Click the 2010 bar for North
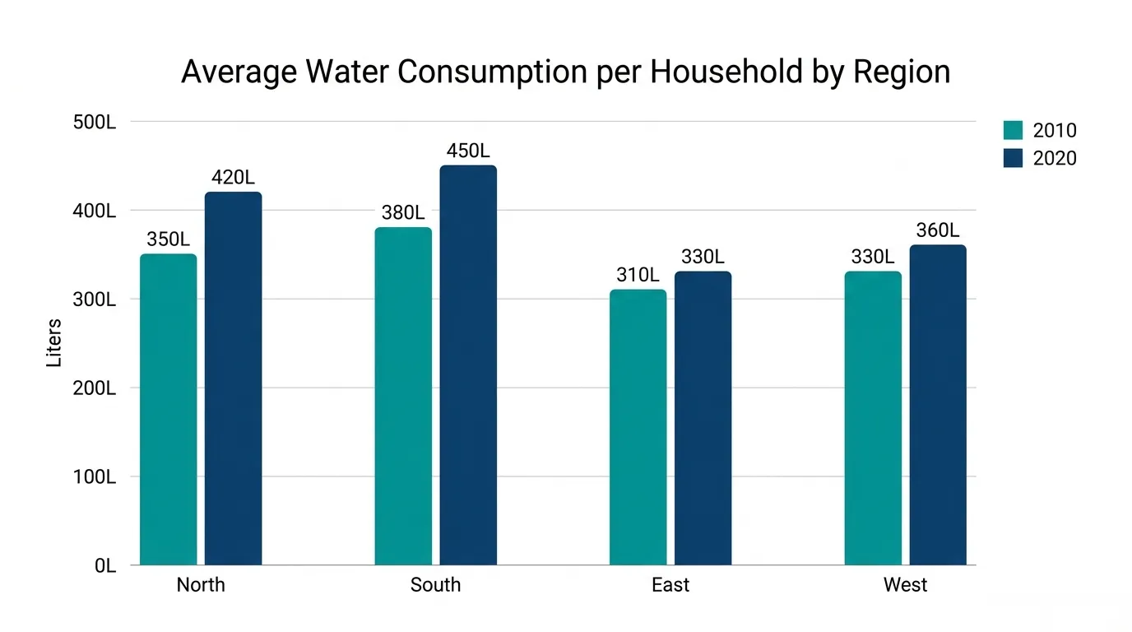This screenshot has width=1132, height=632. point(169,409)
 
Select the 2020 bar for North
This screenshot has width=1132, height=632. point(234,379)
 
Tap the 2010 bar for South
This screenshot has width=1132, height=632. point(403,396)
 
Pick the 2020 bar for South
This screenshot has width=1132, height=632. point(468,365)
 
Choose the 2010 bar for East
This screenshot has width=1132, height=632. point(638,427)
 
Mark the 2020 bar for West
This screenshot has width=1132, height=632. point(938,405)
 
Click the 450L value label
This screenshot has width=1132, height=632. point(468,151)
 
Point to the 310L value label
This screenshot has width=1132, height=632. point(638,275)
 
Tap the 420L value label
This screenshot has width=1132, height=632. point(233,178)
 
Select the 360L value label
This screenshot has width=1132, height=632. point(938,230)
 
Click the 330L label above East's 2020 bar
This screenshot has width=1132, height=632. point(703,257)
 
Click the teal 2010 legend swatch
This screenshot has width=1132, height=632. point(1014,130)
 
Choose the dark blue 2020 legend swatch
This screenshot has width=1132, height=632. point(1014,158)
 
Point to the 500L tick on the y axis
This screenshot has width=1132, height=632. point(95,123)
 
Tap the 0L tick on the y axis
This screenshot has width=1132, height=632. point(105,566)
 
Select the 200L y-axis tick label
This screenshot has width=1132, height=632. point(95,388)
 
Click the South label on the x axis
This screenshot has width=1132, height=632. point(436,585)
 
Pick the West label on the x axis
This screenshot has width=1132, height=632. point(906,585)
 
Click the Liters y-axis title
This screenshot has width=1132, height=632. point(53,343)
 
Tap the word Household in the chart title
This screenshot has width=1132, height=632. point(726,72)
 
